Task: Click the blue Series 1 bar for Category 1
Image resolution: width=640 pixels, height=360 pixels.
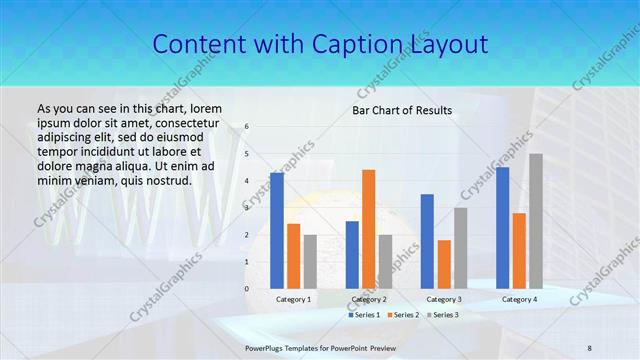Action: coord(277,231)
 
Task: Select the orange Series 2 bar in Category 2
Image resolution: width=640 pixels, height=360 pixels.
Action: coord(369,229)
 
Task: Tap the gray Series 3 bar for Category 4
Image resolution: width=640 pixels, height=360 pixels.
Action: coord(536,221)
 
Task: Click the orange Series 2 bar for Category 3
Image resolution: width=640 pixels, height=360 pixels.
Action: coord(444,264)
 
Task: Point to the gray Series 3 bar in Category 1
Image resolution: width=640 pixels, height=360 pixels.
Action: coord(310,261)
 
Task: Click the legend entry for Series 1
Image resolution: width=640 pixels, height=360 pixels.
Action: coord(364,315)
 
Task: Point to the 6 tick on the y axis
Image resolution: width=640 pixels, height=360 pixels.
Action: coord(247,127)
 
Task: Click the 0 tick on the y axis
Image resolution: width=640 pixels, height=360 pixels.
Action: coord(247,288)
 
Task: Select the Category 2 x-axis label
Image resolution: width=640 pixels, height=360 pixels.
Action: coord(368,299)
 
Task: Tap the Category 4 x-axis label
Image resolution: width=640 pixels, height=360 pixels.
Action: coord(519,299)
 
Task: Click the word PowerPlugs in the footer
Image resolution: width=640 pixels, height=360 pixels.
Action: coord(267,347)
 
